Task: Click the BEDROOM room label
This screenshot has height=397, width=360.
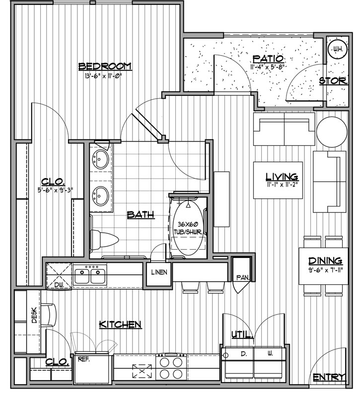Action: (x=105, y=66)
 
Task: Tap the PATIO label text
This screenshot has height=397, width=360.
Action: (x=268, y=59)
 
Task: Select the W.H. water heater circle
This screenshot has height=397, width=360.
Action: (x=338, y=49)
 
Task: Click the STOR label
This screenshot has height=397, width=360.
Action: (x=333, y=81)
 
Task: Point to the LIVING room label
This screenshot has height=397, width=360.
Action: (x=282, y=177)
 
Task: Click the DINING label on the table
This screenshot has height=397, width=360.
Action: (x=325, y=261)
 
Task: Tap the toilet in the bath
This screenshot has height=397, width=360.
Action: (x=104, y=240)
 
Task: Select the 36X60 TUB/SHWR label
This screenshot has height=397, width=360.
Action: (x=188, y=228)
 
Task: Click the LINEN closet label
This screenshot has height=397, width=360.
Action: (x=159, y=272)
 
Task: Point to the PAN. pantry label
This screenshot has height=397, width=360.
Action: (x=243, y=278)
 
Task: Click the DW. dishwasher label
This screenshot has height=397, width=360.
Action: (x=59, y=285)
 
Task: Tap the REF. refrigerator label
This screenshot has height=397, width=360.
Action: (x=84, y=359)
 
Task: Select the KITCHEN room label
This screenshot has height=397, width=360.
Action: (x=120, y=325)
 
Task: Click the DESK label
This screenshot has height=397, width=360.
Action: (x=34, y=315)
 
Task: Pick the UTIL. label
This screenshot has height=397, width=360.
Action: (x=242, y=334)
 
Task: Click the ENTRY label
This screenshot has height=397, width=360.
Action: (x=329, y=378)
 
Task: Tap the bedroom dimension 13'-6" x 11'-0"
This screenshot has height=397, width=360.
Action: (x=102, y=75)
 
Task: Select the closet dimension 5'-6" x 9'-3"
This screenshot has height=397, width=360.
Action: (x=55, y=190)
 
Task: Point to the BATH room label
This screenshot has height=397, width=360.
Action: (x=141, y=215)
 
